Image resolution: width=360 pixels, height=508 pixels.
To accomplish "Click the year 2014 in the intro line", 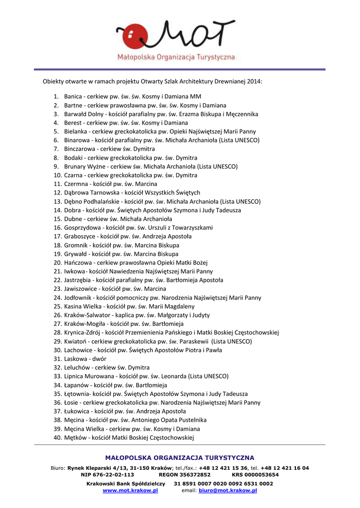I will pyautogui.click(x=254, y=81).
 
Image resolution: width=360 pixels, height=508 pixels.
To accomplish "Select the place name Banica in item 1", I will pyautogui.click(x=73, y=96).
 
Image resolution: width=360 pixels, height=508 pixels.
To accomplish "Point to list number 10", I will pyautogui.click(x=57, y=175).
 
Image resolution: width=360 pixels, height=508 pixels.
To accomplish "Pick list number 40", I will pyautogui.click(x=57, y=438).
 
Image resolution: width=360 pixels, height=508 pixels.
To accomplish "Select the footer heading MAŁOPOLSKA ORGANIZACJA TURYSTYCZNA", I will pyautogui.click(x=180, y=458).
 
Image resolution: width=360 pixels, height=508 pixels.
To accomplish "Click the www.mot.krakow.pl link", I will pyautogui.click(x=130, y=490).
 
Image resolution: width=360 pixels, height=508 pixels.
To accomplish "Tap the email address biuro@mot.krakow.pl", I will pyautogui.click(x=228, y=490).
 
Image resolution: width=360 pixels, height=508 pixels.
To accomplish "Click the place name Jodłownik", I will pyautogui.click(x=78, y=298).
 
